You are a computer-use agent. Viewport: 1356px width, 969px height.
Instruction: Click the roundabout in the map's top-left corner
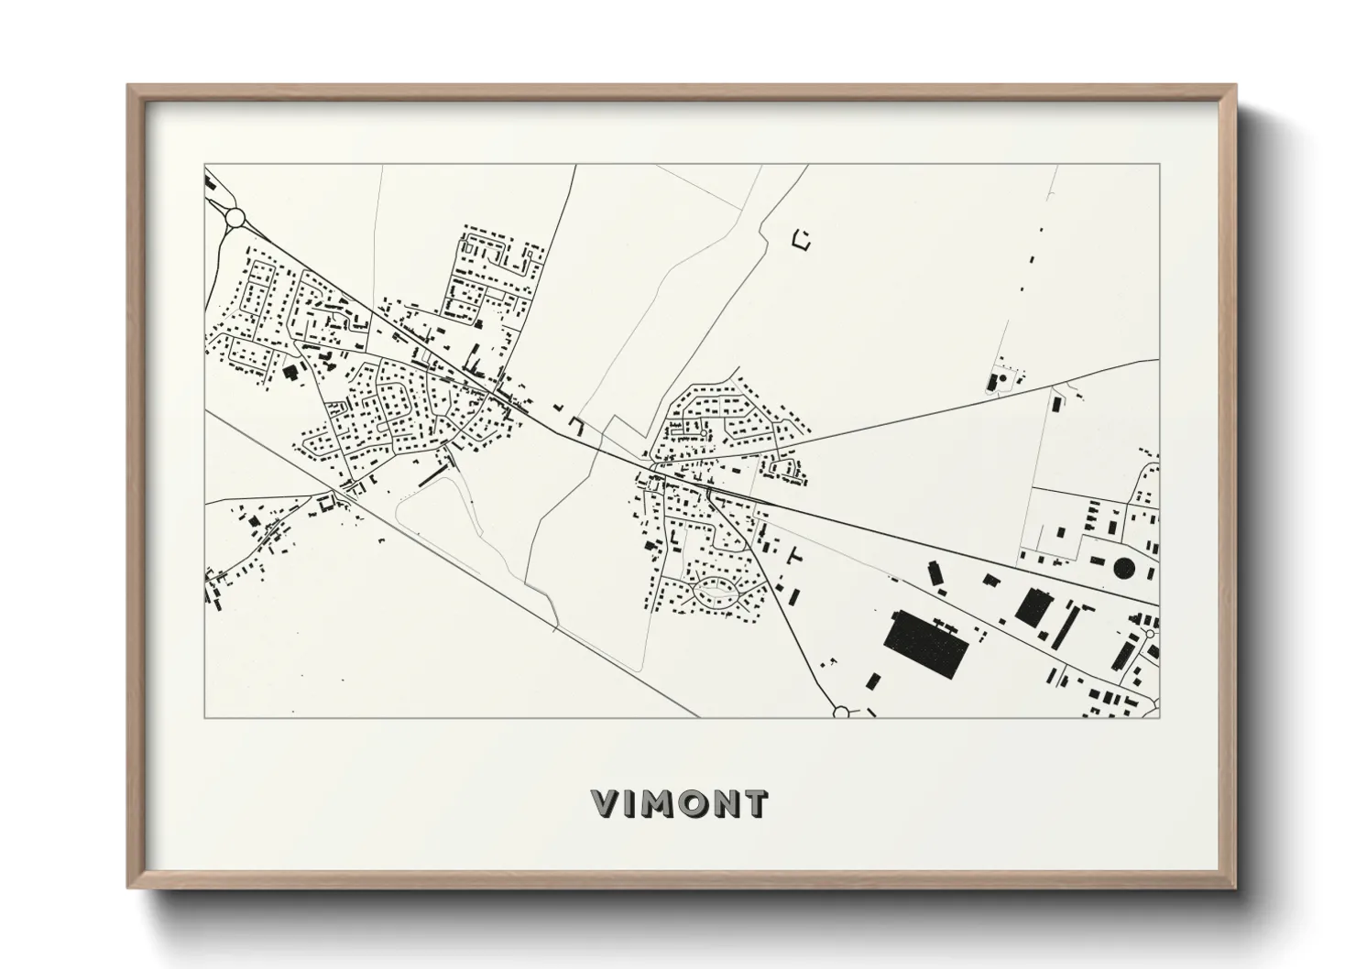[x=235, y=217]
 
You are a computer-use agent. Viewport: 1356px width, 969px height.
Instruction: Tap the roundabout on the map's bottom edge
[x=842, y=712]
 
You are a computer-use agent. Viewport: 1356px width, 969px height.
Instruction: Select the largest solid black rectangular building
[x=928, y=645]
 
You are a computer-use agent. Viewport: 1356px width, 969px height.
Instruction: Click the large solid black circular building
[x=1124, y=570]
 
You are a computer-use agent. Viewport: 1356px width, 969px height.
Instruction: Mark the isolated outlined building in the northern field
[x=803, y=240]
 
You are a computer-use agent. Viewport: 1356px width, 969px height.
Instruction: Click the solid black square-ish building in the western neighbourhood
[x=291, y=372]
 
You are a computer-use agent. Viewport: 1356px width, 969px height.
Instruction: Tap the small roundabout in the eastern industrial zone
[x=1149, y=634]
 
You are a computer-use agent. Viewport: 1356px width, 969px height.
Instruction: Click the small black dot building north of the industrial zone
[x=1001, y=377]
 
